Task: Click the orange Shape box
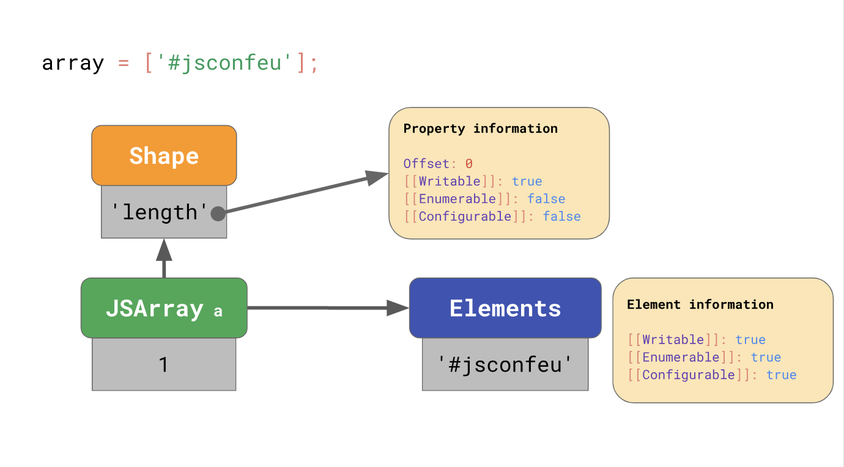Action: point(164,155)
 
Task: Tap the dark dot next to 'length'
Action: point(218,213)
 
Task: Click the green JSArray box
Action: point(164,308)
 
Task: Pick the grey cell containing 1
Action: point(164,364)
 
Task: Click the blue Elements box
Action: point(505,308)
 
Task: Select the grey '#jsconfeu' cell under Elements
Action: point(505,364)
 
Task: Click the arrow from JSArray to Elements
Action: point(324,308)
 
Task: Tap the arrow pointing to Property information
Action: point(306,193)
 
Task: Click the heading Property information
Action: point(481,128)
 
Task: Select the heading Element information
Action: point(700,304)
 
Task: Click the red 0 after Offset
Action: point(469,164)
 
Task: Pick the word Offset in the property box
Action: point(426,164)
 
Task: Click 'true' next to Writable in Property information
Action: point(527,182)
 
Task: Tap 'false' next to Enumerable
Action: point(546,199)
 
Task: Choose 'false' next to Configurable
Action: point(561,216)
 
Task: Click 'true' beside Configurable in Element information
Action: point(782,375)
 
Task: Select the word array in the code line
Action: point(73,63)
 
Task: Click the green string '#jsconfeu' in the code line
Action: point(224,63)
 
